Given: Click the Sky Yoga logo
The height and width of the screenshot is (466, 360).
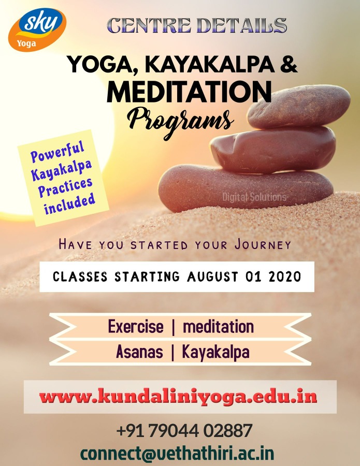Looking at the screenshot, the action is coord(37,30).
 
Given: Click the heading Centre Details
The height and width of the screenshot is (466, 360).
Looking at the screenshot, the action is coord(197,25).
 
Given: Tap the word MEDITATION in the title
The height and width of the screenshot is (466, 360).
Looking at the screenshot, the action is coord(189,91).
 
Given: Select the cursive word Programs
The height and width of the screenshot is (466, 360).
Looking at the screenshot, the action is coord(180,122).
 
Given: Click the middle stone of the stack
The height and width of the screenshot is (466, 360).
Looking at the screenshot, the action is coord(273,150).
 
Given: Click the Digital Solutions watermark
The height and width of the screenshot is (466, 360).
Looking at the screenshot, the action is coord(254,197).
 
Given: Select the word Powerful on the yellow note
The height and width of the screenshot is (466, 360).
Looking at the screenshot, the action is coord(57,151).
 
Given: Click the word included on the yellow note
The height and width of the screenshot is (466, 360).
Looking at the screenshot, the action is coord(70,204).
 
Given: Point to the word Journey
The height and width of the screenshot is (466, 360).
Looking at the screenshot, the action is coord(263,244).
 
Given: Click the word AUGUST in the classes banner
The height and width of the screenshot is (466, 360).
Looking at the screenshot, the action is coord(212,276).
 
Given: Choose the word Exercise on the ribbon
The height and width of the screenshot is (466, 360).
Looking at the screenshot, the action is coord(136,326).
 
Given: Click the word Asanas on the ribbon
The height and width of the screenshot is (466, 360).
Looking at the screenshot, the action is coord(139,352).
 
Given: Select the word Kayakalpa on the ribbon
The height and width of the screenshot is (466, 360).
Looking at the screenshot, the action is coord(215,353).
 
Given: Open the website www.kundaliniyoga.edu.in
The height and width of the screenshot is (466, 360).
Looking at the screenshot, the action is coord(178,397).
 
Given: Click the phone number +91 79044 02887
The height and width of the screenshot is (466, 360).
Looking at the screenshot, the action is coord(184,430).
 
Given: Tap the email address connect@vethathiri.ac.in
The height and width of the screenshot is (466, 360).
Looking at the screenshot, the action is coord(177,454).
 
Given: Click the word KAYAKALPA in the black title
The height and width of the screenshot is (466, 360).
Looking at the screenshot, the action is coord(210,64).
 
